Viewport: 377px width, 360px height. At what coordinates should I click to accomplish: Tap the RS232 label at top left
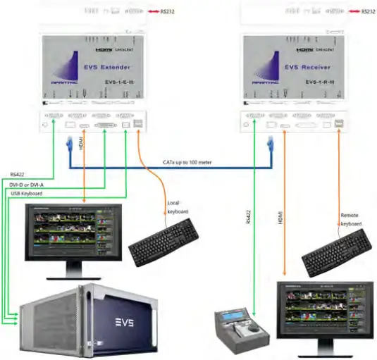[166, 11]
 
